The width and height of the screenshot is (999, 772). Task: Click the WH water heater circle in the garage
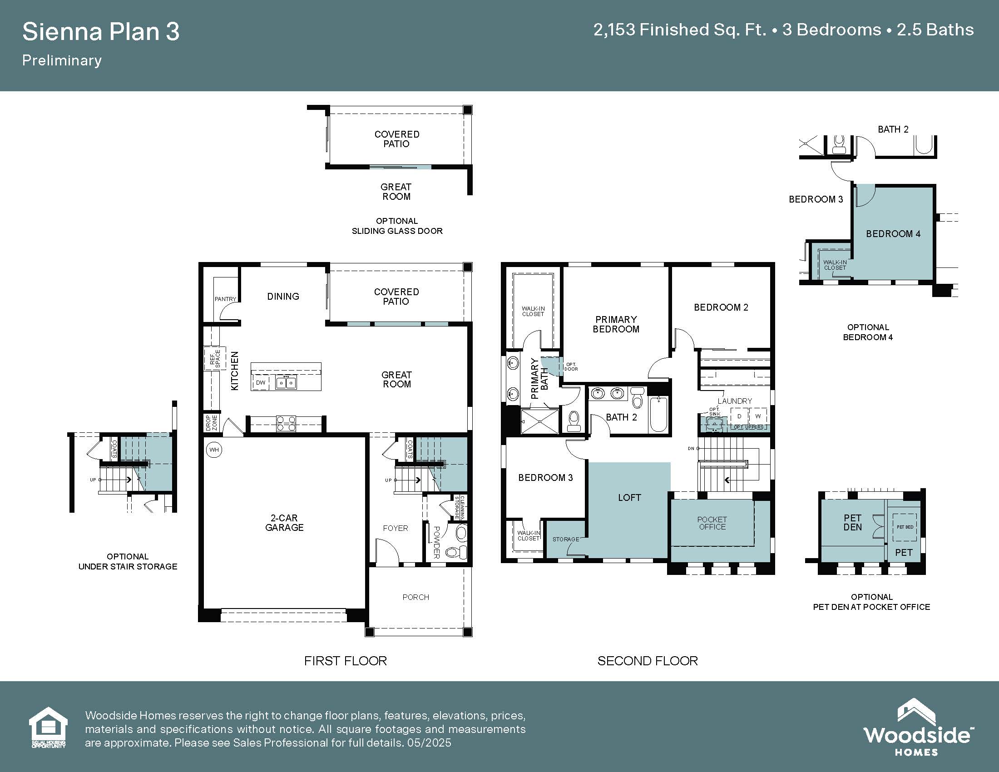(214, 450)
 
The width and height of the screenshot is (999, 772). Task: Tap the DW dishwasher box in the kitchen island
(261, 382)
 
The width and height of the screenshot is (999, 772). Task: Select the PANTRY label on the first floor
(226, 299)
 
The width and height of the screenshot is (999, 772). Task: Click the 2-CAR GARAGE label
(284, 523)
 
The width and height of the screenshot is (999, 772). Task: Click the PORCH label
(416, 597)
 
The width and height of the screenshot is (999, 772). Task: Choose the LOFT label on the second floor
(629, 498)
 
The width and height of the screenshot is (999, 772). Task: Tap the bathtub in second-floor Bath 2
(658, 414)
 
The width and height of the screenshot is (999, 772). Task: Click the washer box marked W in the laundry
(758, 416)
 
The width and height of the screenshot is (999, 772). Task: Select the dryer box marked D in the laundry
(739, 416)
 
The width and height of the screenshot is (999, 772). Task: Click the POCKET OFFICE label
(712, 523)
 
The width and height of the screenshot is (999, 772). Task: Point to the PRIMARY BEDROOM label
(616, 324)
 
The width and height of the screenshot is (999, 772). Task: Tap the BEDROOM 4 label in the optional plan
(893, 234)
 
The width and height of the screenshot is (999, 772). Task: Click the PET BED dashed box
(905, 527)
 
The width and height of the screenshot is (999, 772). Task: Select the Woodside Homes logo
(918, 727)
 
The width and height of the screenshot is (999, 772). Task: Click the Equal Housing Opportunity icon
(49, 727)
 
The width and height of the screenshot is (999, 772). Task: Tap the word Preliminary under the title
(62, 60)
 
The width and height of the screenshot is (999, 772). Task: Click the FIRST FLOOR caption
(346, 661)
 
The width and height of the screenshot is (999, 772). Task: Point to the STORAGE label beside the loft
(566, 539)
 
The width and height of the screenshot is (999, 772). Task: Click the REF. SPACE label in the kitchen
(215, 359)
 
